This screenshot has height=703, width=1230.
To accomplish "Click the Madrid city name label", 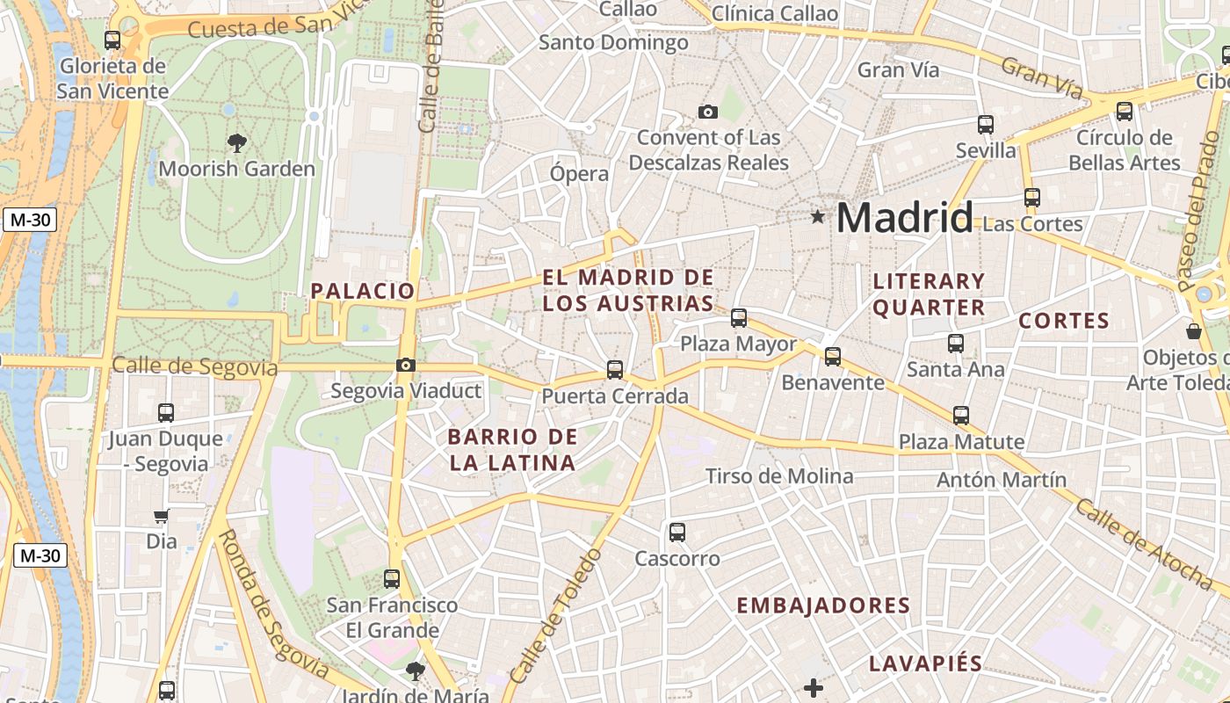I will click(904, 217).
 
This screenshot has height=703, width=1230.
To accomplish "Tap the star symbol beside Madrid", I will click(818, 216).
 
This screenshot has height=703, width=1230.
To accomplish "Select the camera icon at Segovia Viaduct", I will click(406, 365).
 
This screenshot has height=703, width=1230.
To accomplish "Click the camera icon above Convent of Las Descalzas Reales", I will click(707, 112).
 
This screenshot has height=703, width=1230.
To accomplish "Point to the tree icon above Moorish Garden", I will click(236, 142).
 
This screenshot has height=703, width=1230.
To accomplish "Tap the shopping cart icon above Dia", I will click(162, 516).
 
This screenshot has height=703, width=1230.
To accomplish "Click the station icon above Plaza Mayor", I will click(739, 318).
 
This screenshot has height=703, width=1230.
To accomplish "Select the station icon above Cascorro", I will click(676, 532).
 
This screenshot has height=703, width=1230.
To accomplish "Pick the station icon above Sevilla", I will click(986, 125).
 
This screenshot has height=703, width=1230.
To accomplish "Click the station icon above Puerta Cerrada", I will click(615, 370).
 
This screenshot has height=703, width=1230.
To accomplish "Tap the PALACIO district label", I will click(363, 291).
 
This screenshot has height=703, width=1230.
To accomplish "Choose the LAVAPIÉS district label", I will click(925, 663).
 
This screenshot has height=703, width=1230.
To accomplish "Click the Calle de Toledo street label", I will click(557, 616).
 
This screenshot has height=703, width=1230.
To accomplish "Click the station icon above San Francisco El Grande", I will click(392, 579).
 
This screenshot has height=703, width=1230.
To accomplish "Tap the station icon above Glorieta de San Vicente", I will click(112, 40).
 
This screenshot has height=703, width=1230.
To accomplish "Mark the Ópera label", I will click(579, 173).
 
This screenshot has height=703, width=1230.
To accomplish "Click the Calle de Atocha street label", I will click(1143, 542).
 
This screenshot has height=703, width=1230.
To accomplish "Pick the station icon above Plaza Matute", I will click(961, 416).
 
